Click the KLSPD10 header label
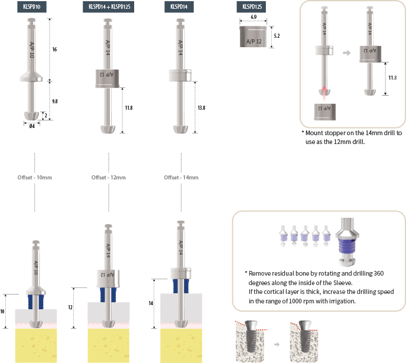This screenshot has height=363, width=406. (32, 7)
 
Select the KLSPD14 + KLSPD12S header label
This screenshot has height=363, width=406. (109, 7)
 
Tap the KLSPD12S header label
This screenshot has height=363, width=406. (251, 7)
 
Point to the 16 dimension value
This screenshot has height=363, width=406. (54, 50)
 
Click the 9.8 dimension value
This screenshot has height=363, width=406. (55, 102)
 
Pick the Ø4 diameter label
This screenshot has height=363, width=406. (32, 126)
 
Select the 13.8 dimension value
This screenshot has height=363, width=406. (202, 108)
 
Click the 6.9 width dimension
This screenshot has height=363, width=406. (254, 17)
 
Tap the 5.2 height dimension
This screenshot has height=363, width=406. (277, 36)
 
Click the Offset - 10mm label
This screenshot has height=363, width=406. (35, 178)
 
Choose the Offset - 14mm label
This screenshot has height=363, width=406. (181, 178)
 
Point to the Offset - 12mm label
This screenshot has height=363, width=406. (109, 178)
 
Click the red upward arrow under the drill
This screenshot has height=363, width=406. (324, 94)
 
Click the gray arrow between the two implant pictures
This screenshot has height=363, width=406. (277, 344)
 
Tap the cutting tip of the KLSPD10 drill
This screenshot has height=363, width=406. (31, 116)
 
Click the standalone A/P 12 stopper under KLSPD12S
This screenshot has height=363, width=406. (253, 37)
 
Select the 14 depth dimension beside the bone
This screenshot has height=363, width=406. (151, 303)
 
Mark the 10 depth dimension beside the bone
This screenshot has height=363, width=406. (2, 312)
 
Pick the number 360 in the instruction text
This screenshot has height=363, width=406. (379, 273)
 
